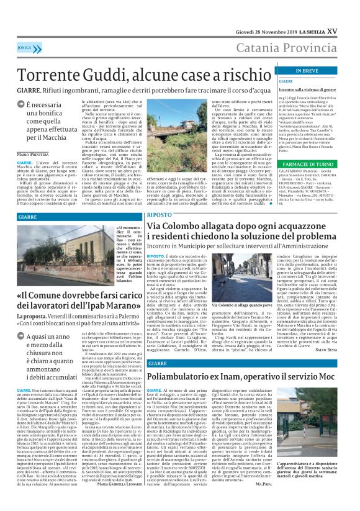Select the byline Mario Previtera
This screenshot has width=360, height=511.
point(34,153)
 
